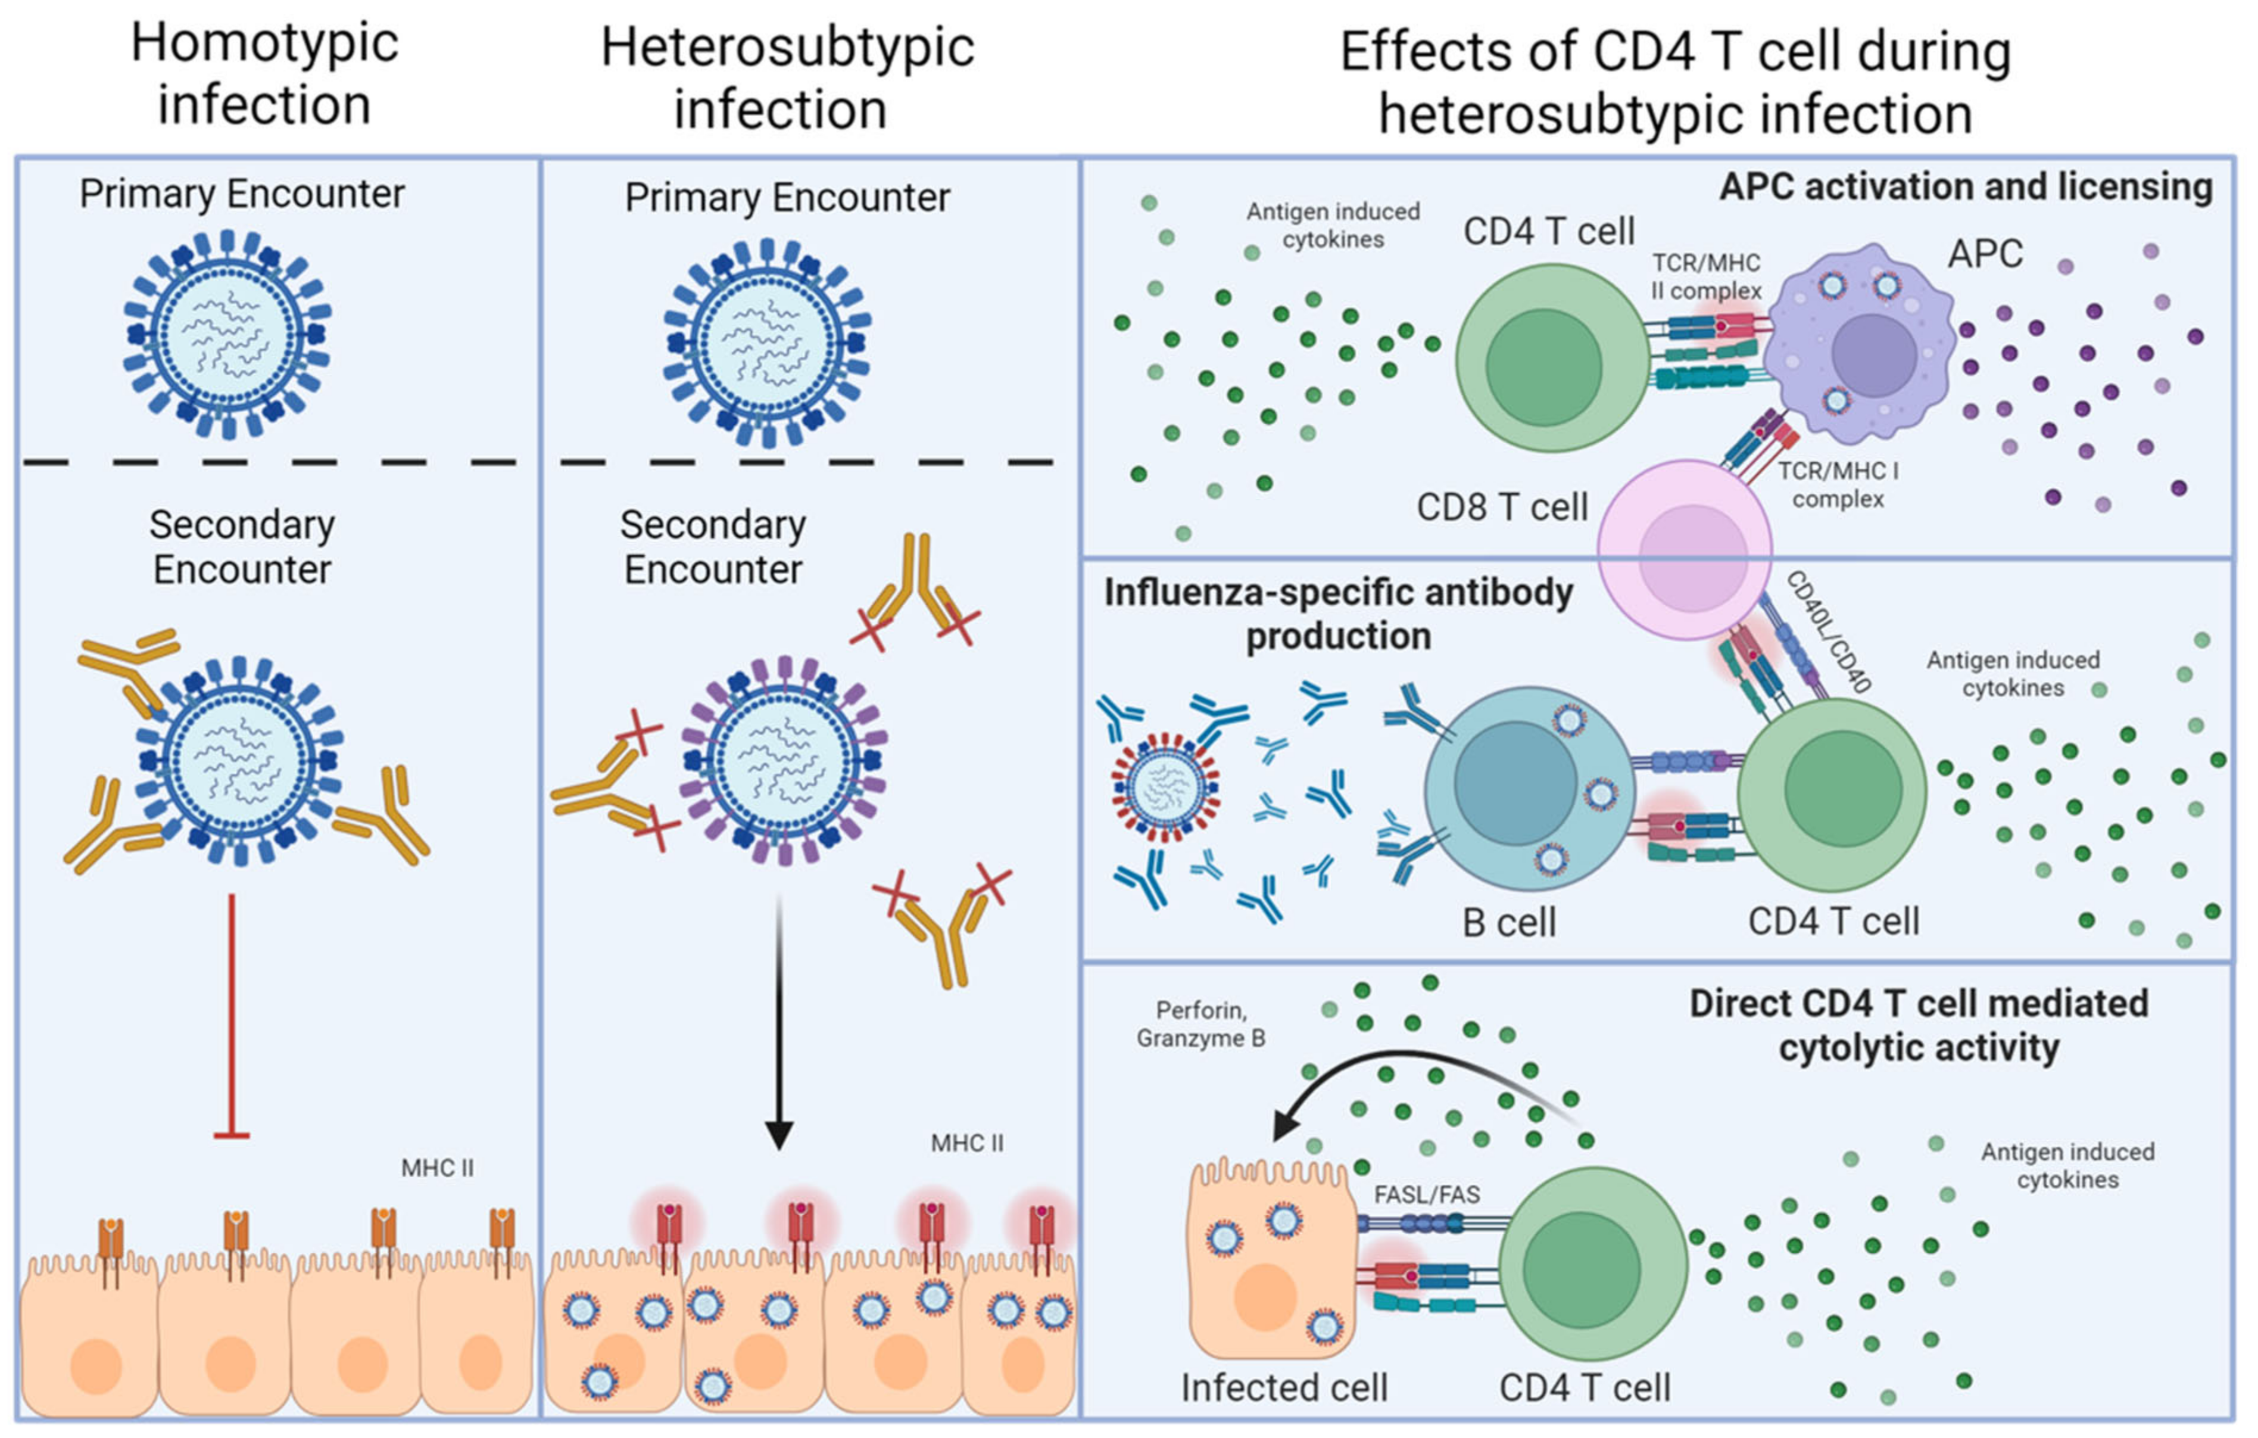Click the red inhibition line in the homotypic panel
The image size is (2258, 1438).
232,1013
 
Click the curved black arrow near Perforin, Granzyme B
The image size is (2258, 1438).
1406,1069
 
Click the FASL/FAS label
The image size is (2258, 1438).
1427,1195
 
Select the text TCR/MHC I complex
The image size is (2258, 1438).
1838,485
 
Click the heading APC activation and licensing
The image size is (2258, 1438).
1966,186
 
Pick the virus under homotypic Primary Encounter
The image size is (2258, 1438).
228,335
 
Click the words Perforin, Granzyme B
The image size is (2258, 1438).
1201,1025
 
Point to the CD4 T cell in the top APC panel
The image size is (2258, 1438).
1552,359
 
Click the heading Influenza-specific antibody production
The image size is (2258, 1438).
1338,614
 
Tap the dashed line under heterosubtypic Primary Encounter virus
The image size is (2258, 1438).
806,462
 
